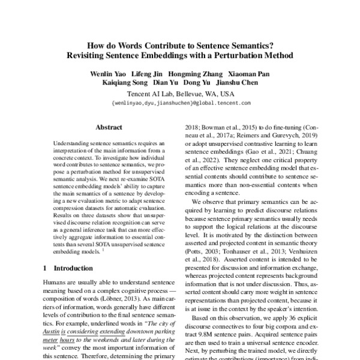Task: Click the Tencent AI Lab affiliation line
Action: pos(181,94)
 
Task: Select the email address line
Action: pos(181,103)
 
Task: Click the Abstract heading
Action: pos(109,127)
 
